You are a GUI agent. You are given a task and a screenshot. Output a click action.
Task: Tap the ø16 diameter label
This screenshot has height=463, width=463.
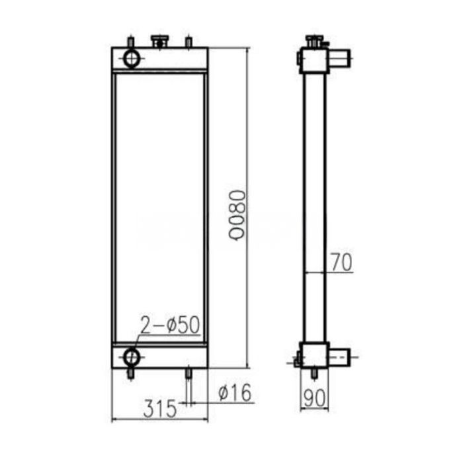tap(233, 393)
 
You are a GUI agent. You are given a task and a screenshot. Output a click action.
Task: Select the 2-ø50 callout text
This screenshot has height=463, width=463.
tap(169, 324)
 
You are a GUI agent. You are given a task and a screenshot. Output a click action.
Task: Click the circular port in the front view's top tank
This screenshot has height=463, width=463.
tap(132, 59)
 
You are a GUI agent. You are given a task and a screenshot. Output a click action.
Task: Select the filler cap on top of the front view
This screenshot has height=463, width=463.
tap(159, 42)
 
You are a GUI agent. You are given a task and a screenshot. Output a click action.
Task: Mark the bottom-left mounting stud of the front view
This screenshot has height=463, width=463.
tap(130, 374)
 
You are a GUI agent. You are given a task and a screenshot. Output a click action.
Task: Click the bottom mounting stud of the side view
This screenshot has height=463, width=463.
tap(314, 374)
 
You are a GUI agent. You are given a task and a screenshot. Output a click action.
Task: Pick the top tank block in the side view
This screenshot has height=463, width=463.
tap(314, 60)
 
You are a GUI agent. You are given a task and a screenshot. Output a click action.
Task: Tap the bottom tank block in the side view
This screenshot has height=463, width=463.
tap(314, 357)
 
